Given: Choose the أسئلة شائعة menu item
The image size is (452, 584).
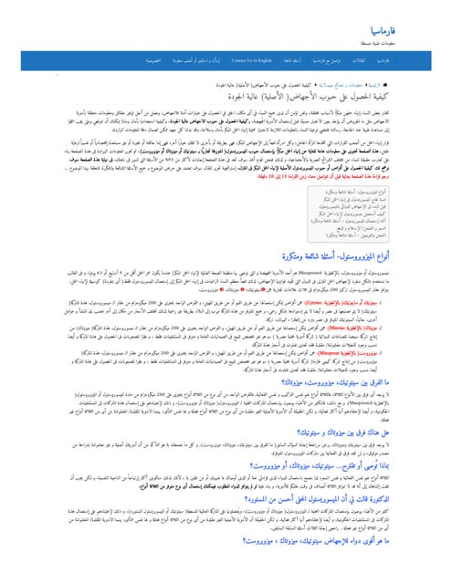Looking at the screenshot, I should pos(293,60).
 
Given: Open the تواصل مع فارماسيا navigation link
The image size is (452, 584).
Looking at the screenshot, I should pos(337,60).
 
